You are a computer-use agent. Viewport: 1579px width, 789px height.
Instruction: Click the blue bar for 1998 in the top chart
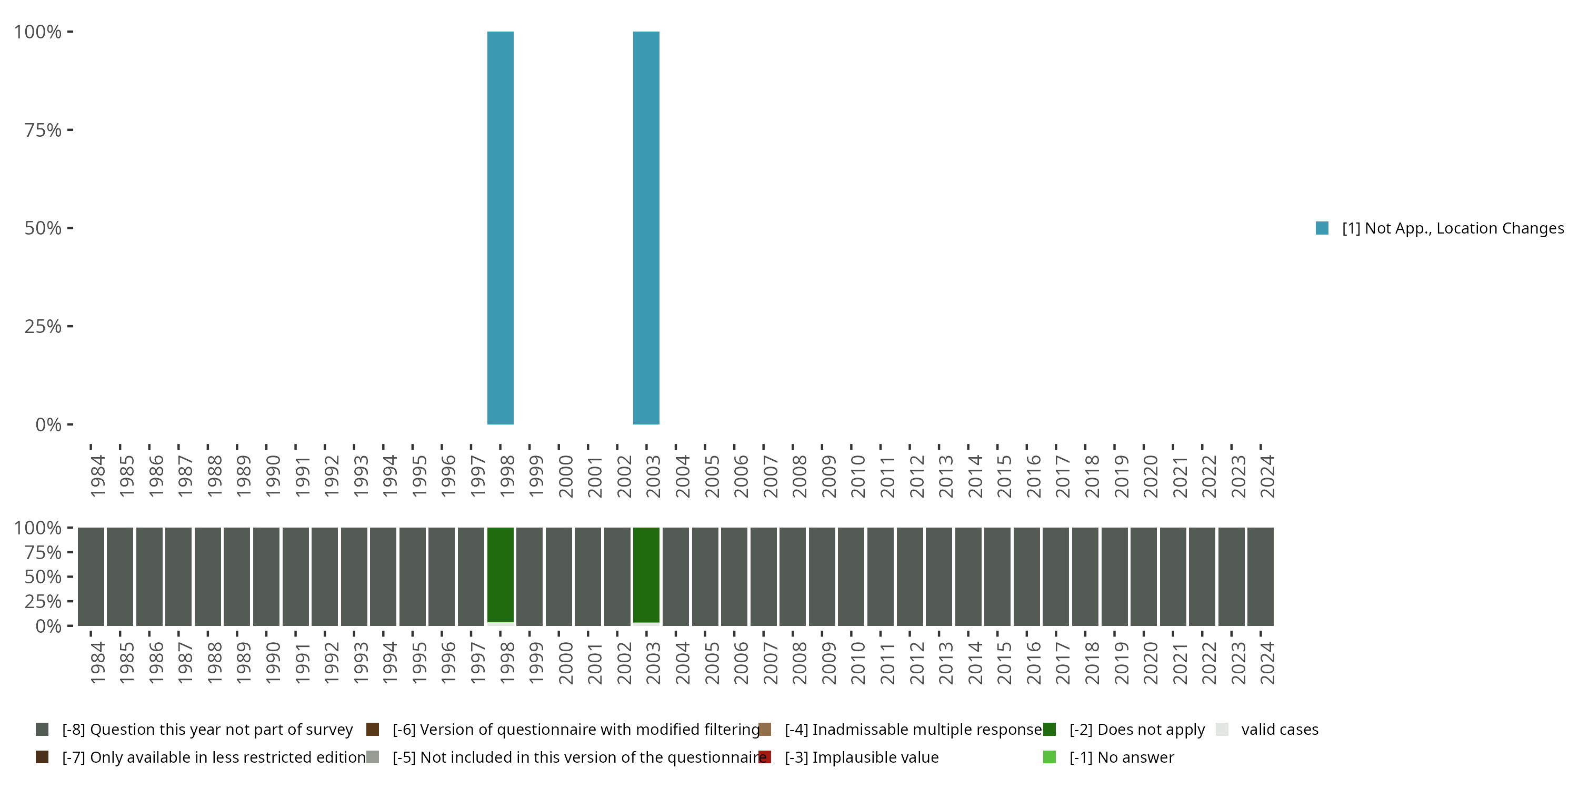pos(500,228)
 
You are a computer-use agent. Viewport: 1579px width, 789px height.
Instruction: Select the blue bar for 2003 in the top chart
pos(646,228)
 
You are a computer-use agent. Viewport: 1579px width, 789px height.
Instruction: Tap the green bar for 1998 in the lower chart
pos(500,574)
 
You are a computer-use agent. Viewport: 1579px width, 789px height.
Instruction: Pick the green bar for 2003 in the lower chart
pos(646,574)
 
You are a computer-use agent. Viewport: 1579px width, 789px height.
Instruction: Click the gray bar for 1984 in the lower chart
pos(91,576)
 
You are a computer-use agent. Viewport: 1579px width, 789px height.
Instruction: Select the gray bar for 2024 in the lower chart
pos(1260,576)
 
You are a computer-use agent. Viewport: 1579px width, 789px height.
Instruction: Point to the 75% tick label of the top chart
pos(43,130)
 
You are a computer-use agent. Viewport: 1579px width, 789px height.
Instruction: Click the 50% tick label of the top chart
pos(43,228)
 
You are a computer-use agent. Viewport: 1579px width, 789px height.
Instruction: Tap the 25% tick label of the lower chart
pos(43,601)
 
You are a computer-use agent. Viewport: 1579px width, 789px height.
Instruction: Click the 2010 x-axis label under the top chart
pos(857,476)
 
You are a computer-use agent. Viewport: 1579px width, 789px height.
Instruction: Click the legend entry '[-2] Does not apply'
pos(1136,730)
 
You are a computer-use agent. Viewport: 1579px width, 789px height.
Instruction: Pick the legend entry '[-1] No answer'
pos(1121,757)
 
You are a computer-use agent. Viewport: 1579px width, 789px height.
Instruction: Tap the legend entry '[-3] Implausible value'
pos(861,757)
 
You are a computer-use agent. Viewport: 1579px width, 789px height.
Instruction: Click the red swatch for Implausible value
pos(764,757)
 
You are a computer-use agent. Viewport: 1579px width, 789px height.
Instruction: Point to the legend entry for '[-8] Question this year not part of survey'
pos(206,730)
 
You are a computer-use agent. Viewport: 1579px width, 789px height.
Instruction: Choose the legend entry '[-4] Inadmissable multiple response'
pos(913,730)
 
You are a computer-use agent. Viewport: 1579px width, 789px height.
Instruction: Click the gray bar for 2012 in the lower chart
pos(910,576)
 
